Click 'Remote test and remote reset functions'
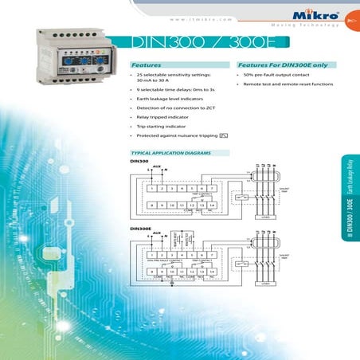pos(288,83)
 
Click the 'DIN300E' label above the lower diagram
pos(139,229)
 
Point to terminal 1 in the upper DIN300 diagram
pos(152,187)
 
